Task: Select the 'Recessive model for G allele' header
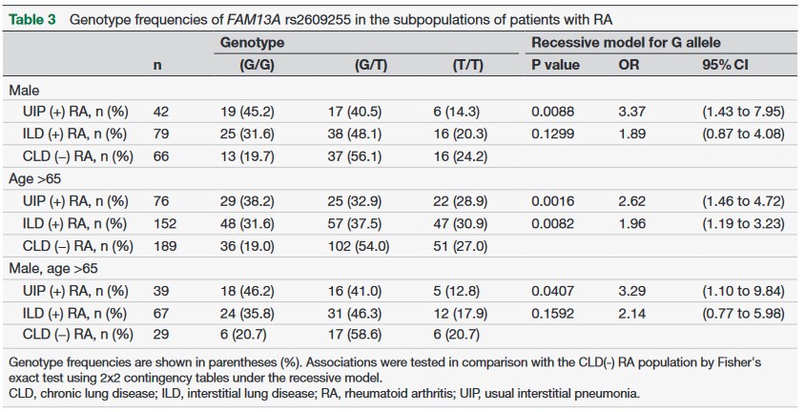click(x=626, y=43)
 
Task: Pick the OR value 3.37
click(x=631, y=112)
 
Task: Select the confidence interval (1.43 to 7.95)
click(x=740, y=112)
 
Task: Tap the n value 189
click(x=161, y=247)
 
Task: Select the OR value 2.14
click(x=631, y=315)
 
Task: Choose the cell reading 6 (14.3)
click(x=475, y=112)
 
